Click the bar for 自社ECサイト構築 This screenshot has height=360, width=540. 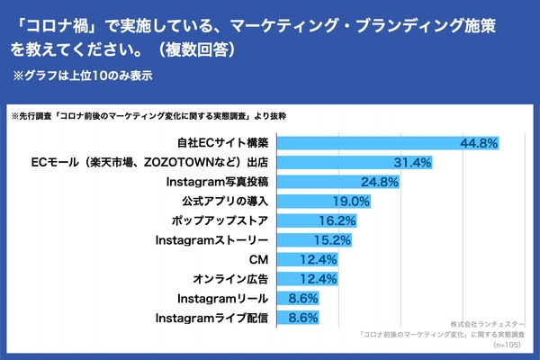pos(387,143)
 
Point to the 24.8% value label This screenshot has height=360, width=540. pos(378,182)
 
